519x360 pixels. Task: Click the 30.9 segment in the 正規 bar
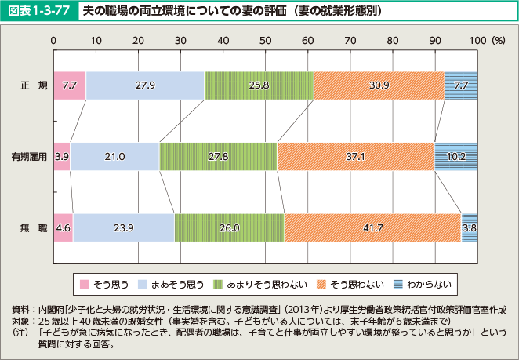379,85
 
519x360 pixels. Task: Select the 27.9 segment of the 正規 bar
145,85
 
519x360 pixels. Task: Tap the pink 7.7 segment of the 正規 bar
70,85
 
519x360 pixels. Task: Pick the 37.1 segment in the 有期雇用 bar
355,156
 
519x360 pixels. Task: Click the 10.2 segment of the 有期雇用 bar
455,156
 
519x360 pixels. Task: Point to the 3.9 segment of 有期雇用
62,156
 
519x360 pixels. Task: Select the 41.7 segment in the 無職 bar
372,227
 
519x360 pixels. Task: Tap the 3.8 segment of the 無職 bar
470,227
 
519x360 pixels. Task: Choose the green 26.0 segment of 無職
230,227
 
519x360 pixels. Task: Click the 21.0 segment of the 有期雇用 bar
115,156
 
